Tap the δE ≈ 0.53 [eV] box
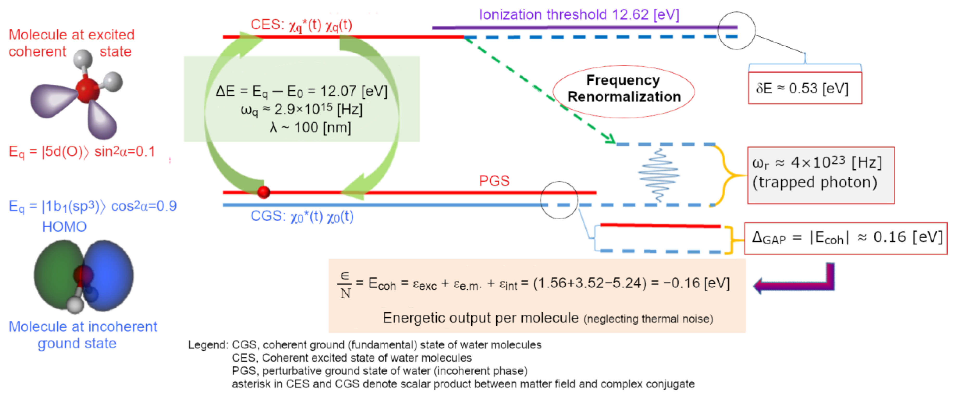[805, 88]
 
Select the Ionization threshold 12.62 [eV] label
[579, 15]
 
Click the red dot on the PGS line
[263, 192]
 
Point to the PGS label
[494, 181]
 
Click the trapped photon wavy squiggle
[659, 175]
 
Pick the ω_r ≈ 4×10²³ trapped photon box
[821, 175]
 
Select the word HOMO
[64, 227]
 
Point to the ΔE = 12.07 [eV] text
[301, 91]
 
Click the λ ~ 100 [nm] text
[310, 127]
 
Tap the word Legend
[207, 345]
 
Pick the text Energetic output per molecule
[480, 318]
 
